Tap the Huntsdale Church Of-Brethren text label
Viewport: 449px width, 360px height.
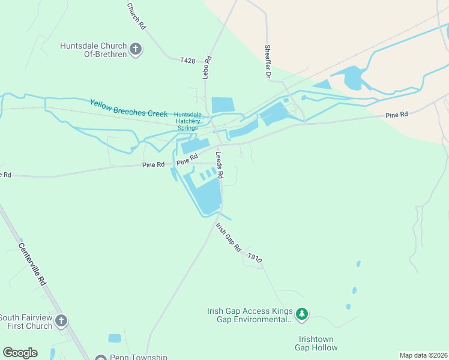(93, 50)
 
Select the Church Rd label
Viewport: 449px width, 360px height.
(136, 16)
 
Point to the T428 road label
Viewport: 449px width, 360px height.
(188, 60)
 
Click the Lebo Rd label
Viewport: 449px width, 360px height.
(206, 67)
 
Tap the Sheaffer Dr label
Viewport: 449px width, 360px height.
(268, 62)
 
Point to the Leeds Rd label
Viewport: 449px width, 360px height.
(220, 164)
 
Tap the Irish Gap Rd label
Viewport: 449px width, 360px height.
(229, 238)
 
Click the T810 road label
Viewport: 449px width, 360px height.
(255, 258)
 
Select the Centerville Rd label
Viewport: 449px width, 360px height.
(32, 263)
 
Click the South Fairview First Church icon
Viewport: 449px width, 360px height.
(61, 322)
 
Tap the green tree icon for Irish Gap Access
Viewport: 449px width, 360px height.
(303, 313)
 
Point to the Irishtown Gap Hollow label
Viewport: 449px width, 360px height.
(315, 343)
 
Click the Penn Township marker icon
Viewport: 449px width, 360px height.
(100, 358)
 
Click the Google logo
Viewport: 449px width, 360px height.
(20, 353)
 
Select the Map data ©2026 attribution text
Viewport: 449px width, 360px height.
(423, 355)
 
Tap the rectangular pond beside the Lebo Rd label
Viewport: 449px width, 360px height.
(222, 104)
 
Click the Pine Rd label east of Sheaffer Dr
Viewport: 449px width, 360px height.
(396, 114)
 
